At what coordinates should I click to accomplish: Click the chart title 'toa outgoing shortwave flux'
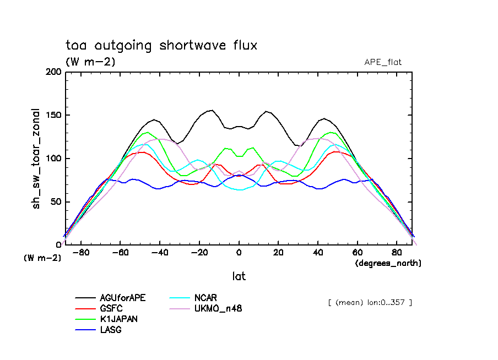[161, 46]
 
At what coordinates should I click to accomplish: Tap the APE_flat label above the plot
[383, 62]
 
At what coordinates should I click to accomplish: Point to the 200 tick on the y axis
[54, 72]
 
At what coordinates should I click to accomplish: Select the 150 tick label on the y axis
[54, 115]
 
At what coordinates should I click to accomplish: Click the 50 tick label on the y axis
[56, 201]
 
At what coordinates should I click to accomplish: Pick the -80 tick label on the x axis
[81, 253]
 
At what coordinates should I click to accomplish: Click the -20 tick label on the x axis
[197, 253]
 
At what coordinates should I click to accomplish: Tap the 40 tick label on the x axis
[318, 253]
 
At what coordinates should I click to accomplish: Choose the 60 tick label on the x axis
[357, 253]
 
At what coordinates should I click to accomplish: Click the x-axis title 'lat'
[239, 276]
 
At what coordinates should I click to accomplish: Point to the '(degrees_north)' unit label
[388, 263]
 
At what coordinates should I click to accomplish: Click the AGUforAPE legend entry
[123, 298]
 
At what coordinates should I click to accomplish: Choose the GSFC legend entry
[112, 308]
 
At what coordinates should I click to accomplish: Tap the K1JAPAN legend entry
[119, 319]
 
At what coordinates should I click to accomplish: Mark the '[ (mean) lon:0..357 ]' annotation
[369, 302]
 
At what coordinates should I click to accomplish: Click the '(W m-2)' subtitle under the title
[90, 62]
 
